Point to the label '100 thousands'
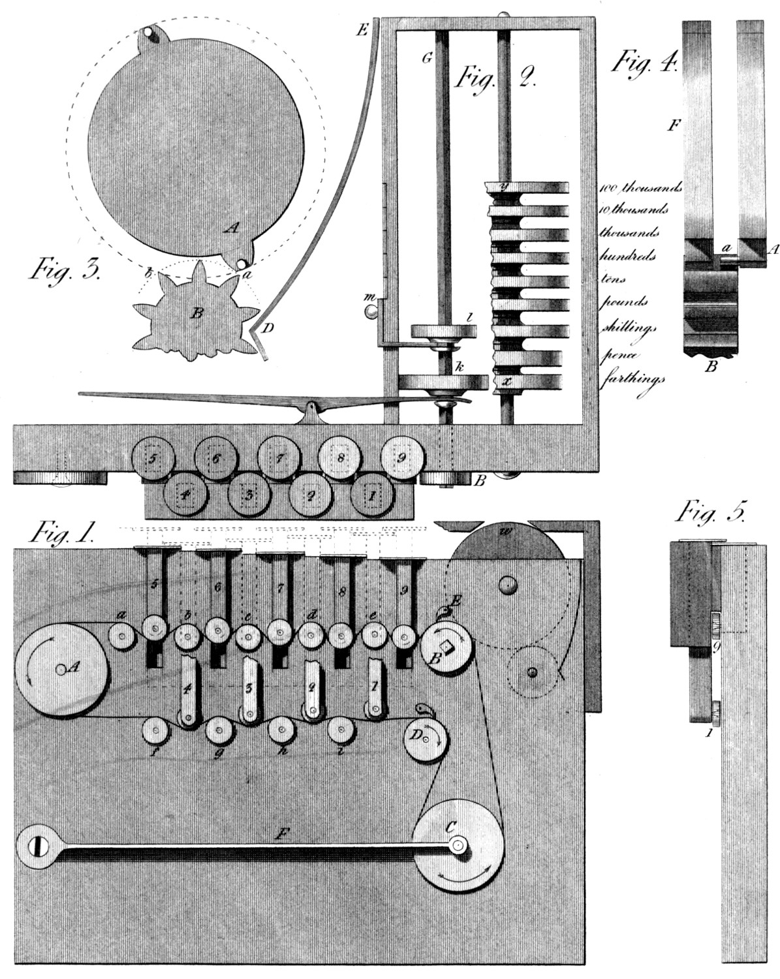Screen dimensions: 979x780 click(640, 188)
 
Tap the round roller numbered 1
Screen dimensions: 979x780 click(373, 494)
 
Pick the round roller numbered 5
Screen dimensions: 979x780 click(152, 458)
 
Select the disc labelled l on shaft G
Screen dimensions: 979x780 click(444, 331)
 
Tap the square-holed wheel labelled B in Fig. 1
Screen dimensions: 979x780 click(447, 645)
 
